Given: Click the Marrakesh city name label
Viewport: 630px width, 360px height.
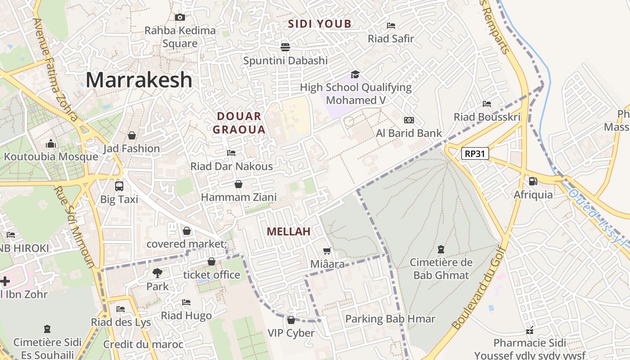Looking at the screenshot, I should [139, 80].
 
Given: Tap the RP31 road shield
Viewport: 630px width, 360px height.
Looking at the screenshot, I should [475, 154].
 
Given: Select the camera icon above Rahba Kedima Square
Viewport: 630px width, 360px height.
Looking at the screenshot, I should [180, 18].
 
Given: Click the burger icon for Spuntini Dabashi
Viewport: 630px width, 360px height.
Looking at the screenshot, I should [285, 47].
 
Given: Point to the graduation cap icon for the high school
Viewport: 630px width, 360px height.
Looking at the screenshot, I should [355, 74].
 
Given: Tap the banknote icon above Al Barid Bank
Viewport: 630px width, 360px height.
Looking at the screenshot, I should [409, 120].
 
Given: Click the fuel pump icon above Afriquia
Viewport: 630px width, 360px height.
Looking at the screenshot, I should [533, 181].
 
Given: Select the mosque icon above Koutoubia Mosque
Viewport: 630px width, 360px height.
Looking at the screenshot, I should [51, 144].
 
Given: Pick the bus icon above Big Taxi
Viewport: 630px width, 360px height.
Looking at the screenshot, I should [119, 186].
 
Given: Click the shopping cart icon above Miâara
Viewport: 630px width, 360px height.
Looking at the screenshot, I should [327, 251].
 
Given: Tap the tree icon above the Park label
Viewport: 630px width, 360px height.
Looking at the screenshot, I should [157, 273].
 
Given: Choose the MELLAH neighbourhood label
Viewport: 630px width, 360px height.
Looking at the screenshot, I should [288, 232].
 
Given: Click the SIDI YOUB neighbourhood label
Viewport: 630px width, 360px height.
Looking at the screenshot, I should [319, 24].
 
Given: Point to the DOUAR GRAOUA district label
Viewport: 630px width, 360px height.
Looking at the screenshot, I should [239, 123].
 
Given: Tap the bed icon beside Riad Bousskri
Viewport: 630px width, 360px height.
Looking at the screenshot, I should [487, 104].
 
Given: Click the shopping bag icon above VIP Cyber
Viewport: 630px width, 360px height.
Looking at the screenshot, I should [291, 320].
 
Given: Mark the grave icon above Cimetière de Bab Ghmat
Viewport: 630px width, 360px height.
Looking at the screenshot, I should [441, 249].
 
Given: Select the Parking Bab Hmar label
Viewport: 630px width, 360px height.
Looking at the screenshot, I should [390, 319].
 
